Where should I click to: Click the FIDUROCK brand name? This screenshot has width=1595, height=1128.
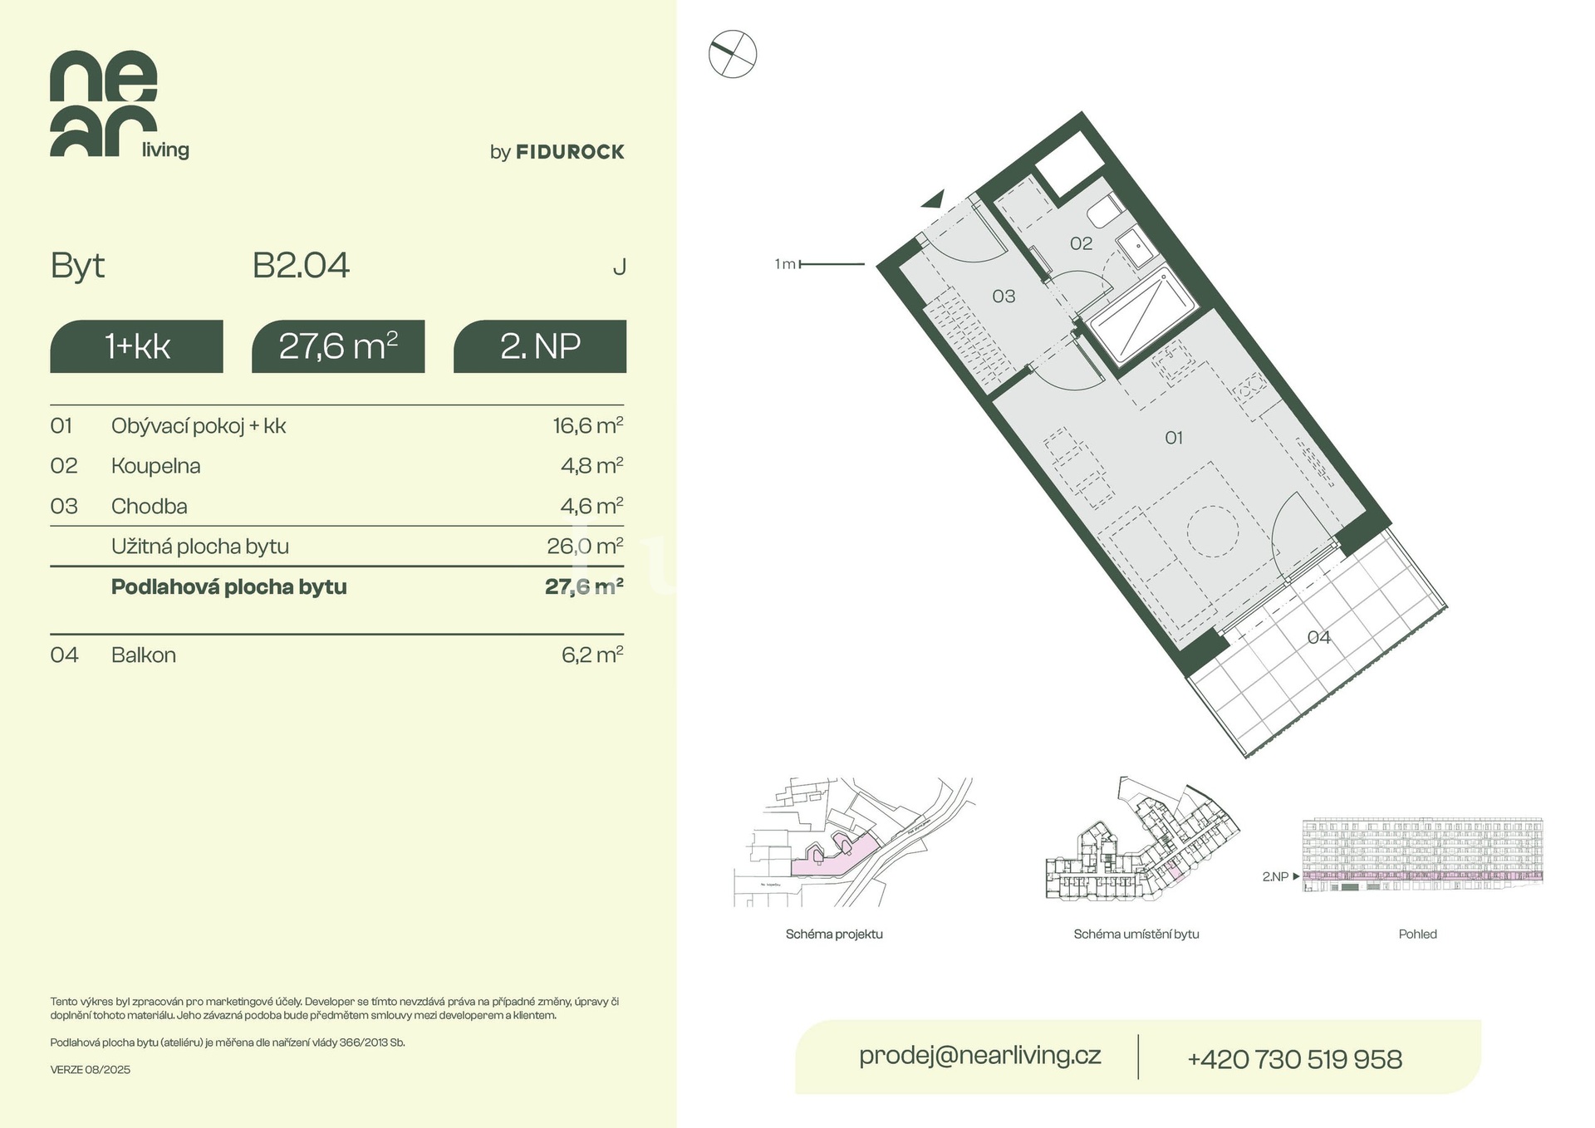(x=570, y=152)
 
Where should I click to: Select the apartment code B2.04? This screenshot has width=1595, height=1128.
(x=301, y=266)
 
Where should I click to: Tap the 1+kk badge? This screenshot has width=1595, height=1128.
(x=137, y=346)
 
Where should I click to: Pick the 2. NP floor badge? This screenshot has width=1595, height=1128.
(x=540, y=346)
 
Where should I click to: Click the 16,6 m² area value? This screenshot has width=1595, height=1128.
(x=588, y=425)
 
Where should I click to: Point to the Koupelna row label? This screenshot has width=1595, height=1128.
(x=156, y=466)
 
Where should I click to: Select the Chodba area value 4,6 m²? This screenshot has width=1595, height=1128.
(x=591, y=506)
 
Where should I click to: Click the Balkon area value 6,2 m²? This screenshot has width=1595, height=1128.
(x=592, y=655)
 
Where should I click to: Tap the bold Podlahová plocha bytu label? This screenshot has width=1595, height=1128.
(x=229, y=587)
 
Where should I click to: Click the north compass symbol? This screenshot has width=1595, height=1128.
(x=733, y=55)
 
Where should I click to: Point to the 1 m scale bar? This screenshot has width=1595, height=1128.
(x=832, y=264)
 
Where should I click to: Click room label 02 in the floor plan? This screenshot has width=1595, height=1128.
(x=1081, y=243)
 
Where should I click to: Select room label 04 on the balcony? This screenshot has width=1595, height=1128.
(x=1318, y=638)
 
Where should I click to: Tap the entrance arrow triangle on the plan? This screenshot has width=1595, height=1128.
(x=935, y=199)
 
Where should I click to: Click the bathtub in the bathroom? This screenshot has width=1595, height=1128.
(x=1141, y=316)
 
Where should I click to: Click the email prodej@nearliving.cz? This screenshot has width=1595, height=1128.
(x=980, y=1056)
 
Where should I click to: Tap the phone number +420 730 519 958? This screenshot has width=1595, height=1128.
(x=1294, y=1059)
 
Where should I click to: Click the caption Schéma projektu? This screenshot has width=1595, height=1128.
(x=834, y=934)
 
